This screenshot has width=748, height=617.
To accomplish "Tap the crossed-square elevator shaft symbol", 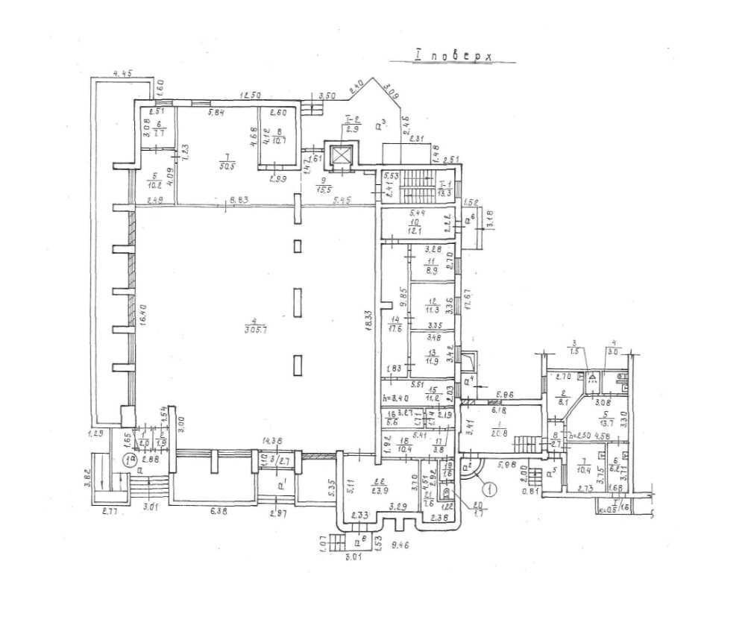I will pyautogui.click(x=341, y=156).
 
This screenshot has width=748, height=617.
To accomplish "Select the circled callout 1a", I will pyautogui.click(x=129, y=460).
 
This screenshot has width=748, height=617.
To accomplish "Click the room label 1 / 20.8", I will pyautogui.click(x=479, y=428).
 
